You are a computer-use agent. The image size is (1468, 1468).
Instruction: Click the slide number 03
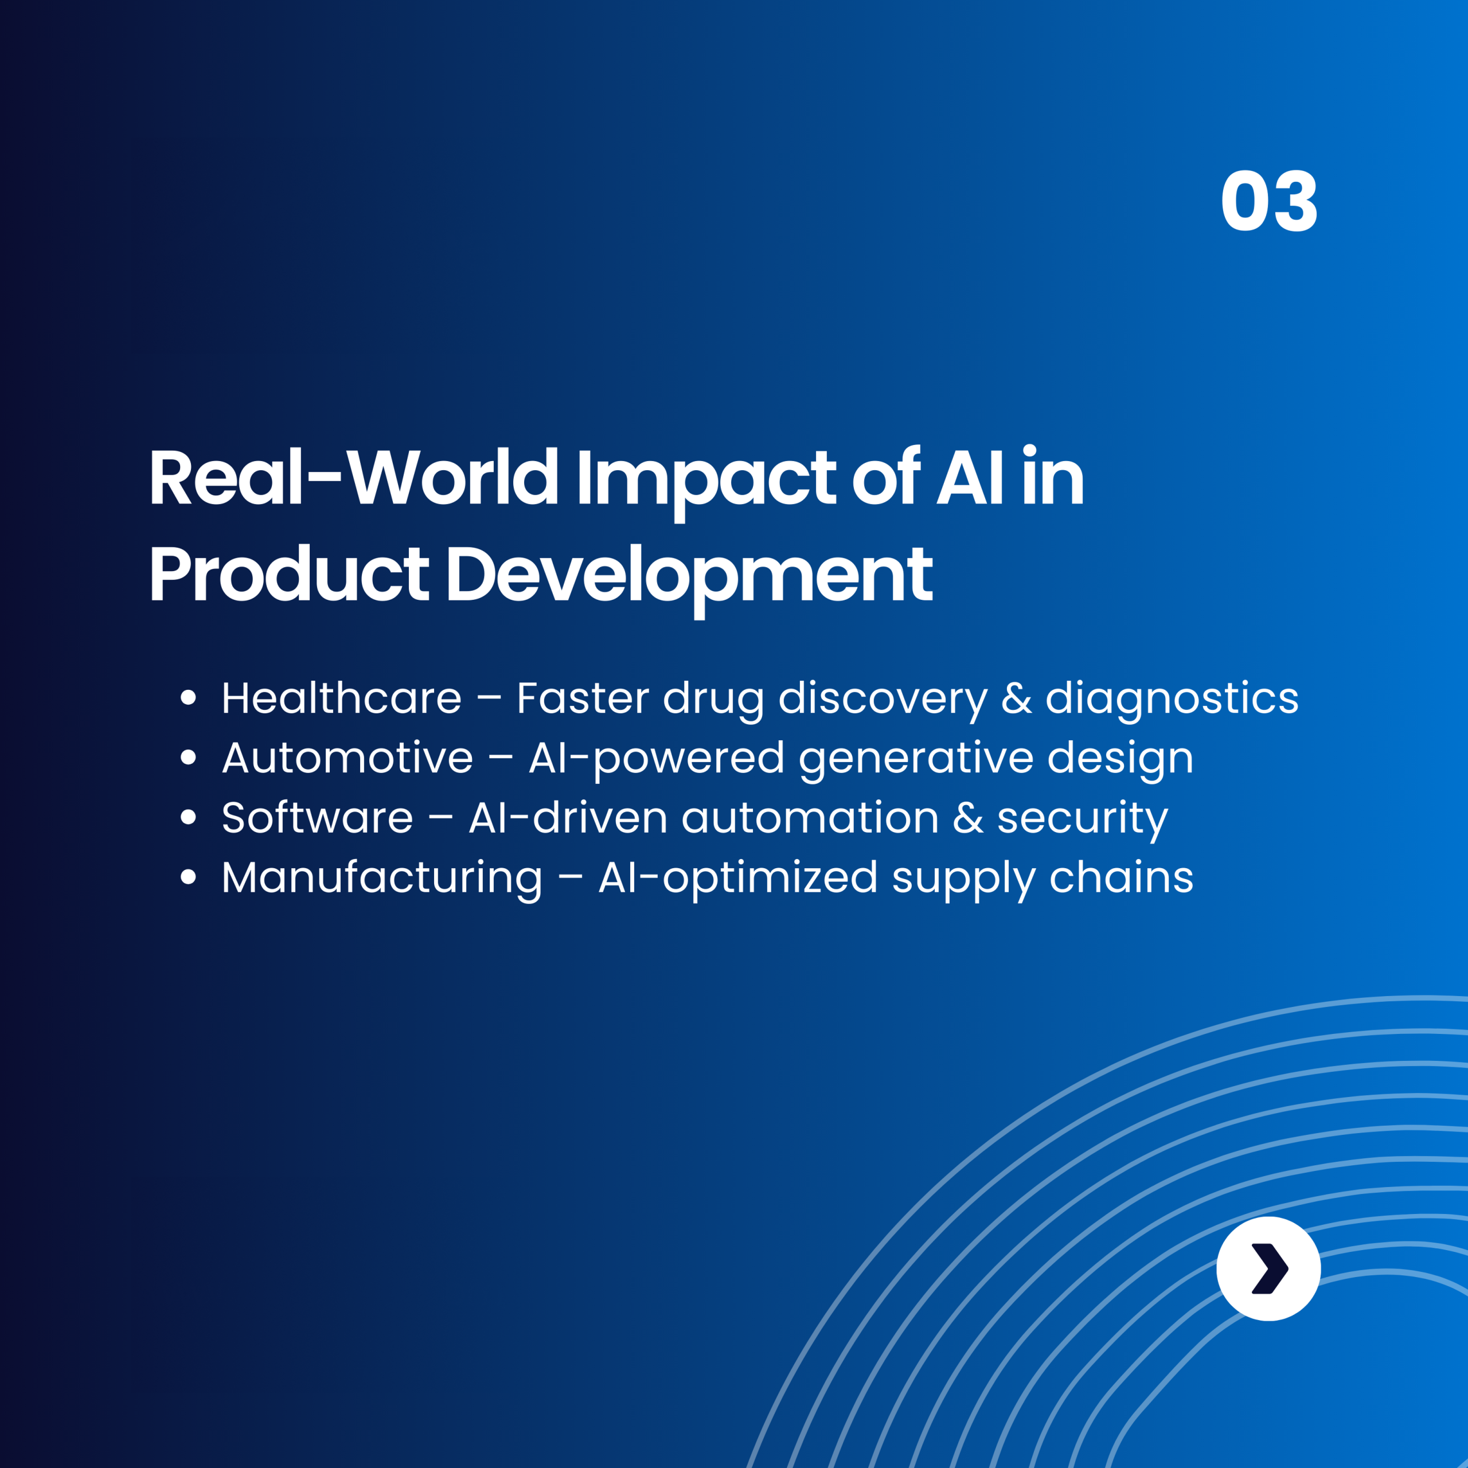[1268, 201]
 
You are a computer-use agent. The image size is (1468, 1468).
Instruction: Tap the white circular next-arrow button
[1268, 1269]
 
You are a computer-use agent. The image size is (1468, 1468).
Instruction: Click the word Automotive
[348, 758]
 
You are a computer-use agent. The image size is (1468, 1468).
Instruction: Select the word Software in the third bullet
[317, 818]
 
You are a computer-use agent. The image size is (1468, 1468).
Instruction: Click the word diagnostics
[1172, 699]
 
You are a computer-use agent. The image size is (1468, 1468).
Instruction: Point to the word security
[1082, 819]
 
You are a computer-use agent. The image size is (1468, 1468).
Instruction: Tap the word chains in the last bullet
[1120, 877]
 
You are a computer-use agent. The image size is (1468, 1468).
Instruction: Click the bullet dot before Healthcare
[189, 697]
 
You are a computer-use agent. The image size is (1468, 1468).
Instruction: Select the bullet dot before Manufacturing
[189, 877]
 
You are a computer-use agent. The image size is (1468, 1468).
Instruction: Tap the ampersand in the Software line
[967, 818]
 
